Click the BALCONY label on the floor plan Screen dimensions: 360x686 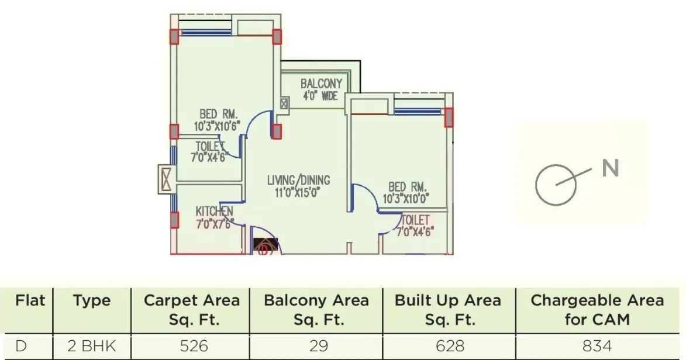(321, 84)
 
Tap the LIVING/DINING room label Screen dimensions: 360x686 (298, 180)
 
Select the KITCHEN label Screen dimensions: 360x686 (214, 211)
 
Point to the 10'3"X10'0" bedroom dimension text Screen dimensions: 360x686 (406, 199)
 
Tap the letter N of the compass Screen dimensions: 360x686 (610, 168)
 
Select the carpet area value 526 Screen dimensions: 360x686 (194, 345)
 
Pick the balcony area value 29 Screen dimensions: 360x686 (318, 345)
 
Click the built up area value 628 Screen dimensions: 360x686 (448, 345)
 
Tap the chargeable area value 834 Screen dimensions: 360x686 (597, 345)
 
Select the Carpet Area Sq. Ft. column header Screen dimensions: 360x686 (191, 310)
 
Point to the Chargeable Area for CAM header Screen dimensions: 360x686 (597, 310)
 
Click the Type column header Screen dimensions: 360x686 (92, 301)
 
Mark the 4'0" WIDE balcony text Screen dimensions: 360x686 (320, 96)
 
